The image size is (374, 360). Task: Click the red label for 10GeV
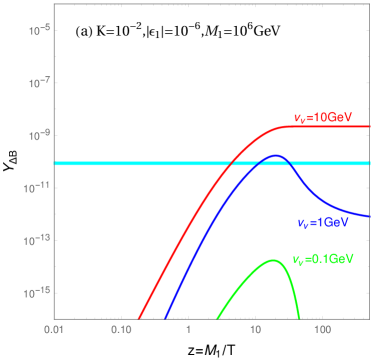point(323,117)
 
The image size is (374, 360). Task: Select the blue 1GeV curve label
point(322,221)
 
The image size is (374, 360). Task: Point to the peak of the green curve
point(273,260)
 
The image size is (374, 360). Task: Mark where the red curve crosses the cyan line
point(233,163)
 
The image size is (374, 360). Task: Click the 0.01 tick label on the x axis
point(54,328)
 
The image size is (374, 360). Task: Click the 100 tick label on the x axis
point(322,328)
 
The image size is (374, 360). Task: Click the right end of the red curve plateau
point(370,127)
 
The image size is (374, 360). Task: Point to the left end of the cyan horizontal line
point(55,163)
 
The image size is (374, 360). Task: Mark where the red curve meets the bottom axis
point(138,317)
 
